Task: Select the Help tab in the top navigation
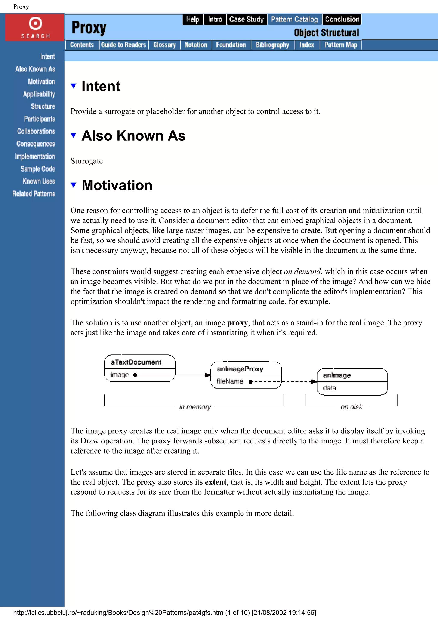[x=193, y=19]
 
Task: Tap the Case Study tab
[x=246, y=19]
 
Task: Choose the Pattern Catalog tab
[x=294, y=19]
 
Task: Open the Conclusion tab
[x=342, y=19]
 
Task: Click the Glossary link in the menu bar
[x=164, y=45]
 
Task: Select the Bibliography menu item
[x=272, y=45]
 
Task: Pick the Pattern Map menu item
[x=340, y=45]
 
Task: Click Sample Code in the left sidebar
[x=38, y=169]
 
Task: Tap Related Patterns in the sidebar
[x=34, y=194]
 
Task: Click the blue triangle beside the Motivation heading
[x=73, y=185]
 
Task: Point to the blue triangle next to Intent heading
[x=73, y=86]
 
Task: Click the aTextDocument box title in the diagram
[x=136, y=362]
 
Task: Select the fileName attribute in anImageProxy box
[x=230, y=381]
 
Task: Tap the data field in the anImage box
[x=330, y=388]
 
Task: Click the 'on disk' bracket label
[x=351, y=407]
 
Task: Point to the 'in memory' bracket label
[x=195, y=407]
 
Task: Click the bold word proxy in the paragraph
[x=237, y=323]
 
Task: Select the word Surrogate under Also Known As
[x=87, y=161]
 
